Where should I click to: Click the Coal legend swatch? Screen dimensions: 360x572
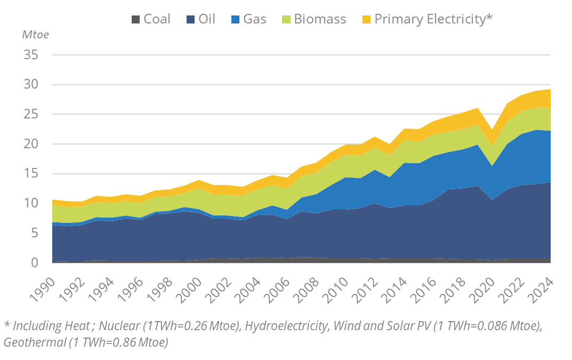136,20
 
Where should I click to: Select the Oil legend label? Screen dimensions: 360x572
207,19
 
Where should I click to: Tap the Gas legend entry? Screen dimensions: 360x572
255,19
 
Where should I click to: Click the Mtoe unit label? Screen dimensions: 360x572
35,35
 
